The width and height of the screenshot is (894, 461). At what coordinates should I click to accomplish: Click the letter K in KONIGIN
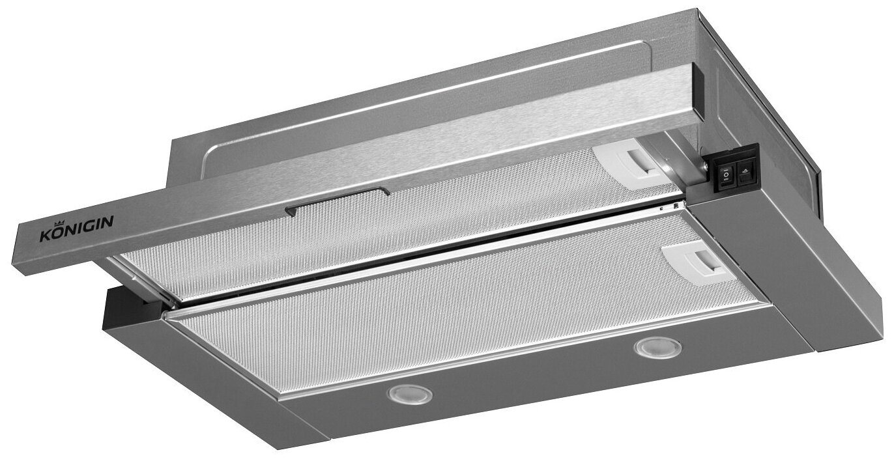(x=45, y=236)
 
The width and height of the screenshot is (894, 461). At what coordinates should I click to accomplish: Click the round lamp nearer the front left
(x=410, y=395)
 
